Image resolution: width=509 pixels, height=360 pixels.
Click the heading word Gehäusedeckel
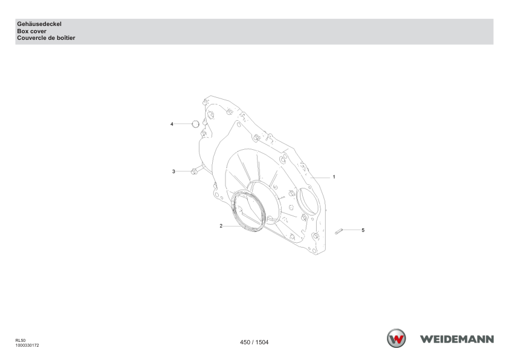(x=39, y=24)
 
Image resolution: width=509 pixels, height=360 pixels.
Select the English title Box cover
(x=31, y=31)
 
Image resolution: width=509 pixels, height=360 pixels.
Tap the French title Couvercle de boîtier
(x=46, y=38)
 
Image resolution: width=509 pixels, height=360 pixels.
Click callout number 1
(x=334, y=177)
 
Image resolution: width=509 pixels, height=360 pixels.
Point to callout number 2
(x=221, y=226)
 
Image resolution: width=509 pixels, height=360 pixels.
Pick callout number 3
(x=173, y=172)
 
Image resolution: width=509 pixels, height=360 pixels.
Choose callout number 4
(x=172, y=124)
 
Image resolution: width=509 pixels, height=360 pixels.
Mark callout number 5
(x=363, y=230)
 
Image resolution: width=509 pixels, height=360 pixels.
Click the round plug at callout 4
(x=195, y=124)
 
